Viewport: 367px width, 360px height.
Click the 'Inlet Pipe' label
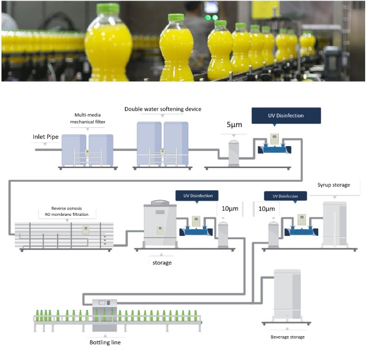[x=45, y=137]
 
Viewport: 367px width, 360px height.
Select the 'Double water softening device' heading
[x=163, y=109]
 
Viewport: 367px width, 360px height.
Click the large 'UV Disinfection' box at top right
[x=286, y=116]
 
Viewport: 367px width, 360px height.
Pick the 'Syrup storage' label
[x=334, y=185]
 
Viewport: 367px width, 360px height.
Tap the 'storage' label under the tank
[x=162, y=263]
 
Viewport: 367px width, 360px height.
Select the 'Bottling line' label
[x=108, y=342]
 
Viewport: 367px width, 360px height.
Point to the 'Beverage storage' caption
[x=287, y=337]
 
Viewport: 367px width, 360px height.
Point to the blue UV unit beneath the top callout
[x=274, y=148]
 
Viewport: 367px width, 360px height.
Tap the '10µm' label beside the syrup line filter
[x=267, y=209]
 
